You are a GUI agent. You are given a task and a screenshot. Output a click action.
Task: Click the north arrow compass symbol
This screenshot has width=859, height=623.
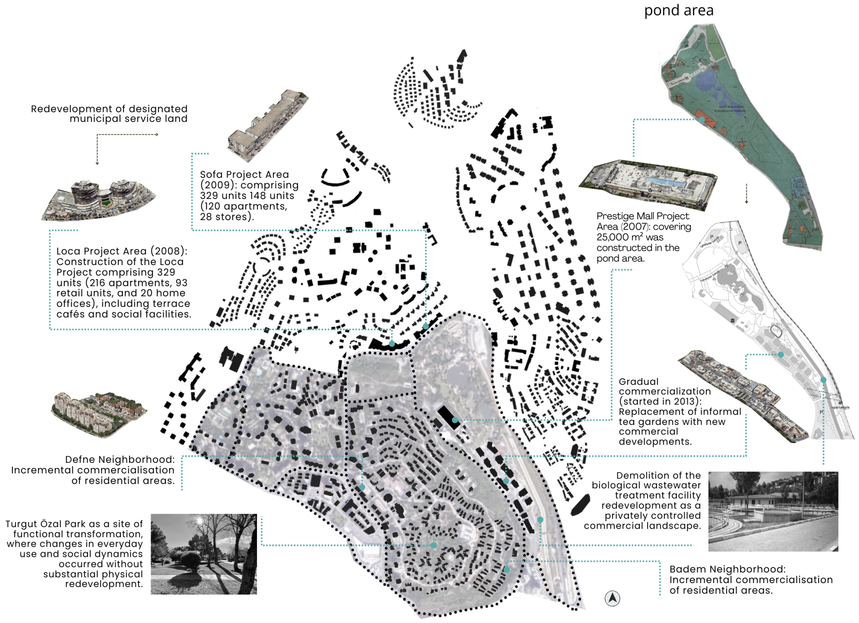[612, 598]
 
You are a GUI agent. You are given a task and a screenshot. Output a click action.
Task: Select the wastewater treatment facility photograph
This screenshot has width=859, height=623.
[773, 511]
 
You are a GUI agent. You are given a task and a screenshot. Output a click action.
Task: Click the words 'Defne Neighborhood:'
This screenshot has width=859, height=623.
[120, 459]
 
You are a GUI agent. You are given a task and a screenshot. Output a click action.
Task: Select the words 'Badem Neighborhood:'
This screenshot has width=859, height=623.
[727, 569]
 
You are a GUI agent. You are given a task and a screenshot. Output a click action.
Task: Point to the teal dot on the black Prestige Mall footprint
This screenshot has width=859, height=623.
[455, 420]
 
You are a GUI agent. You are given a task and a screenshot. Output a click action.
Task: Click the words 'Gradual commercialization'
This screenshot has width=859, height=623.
[665, 386]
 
